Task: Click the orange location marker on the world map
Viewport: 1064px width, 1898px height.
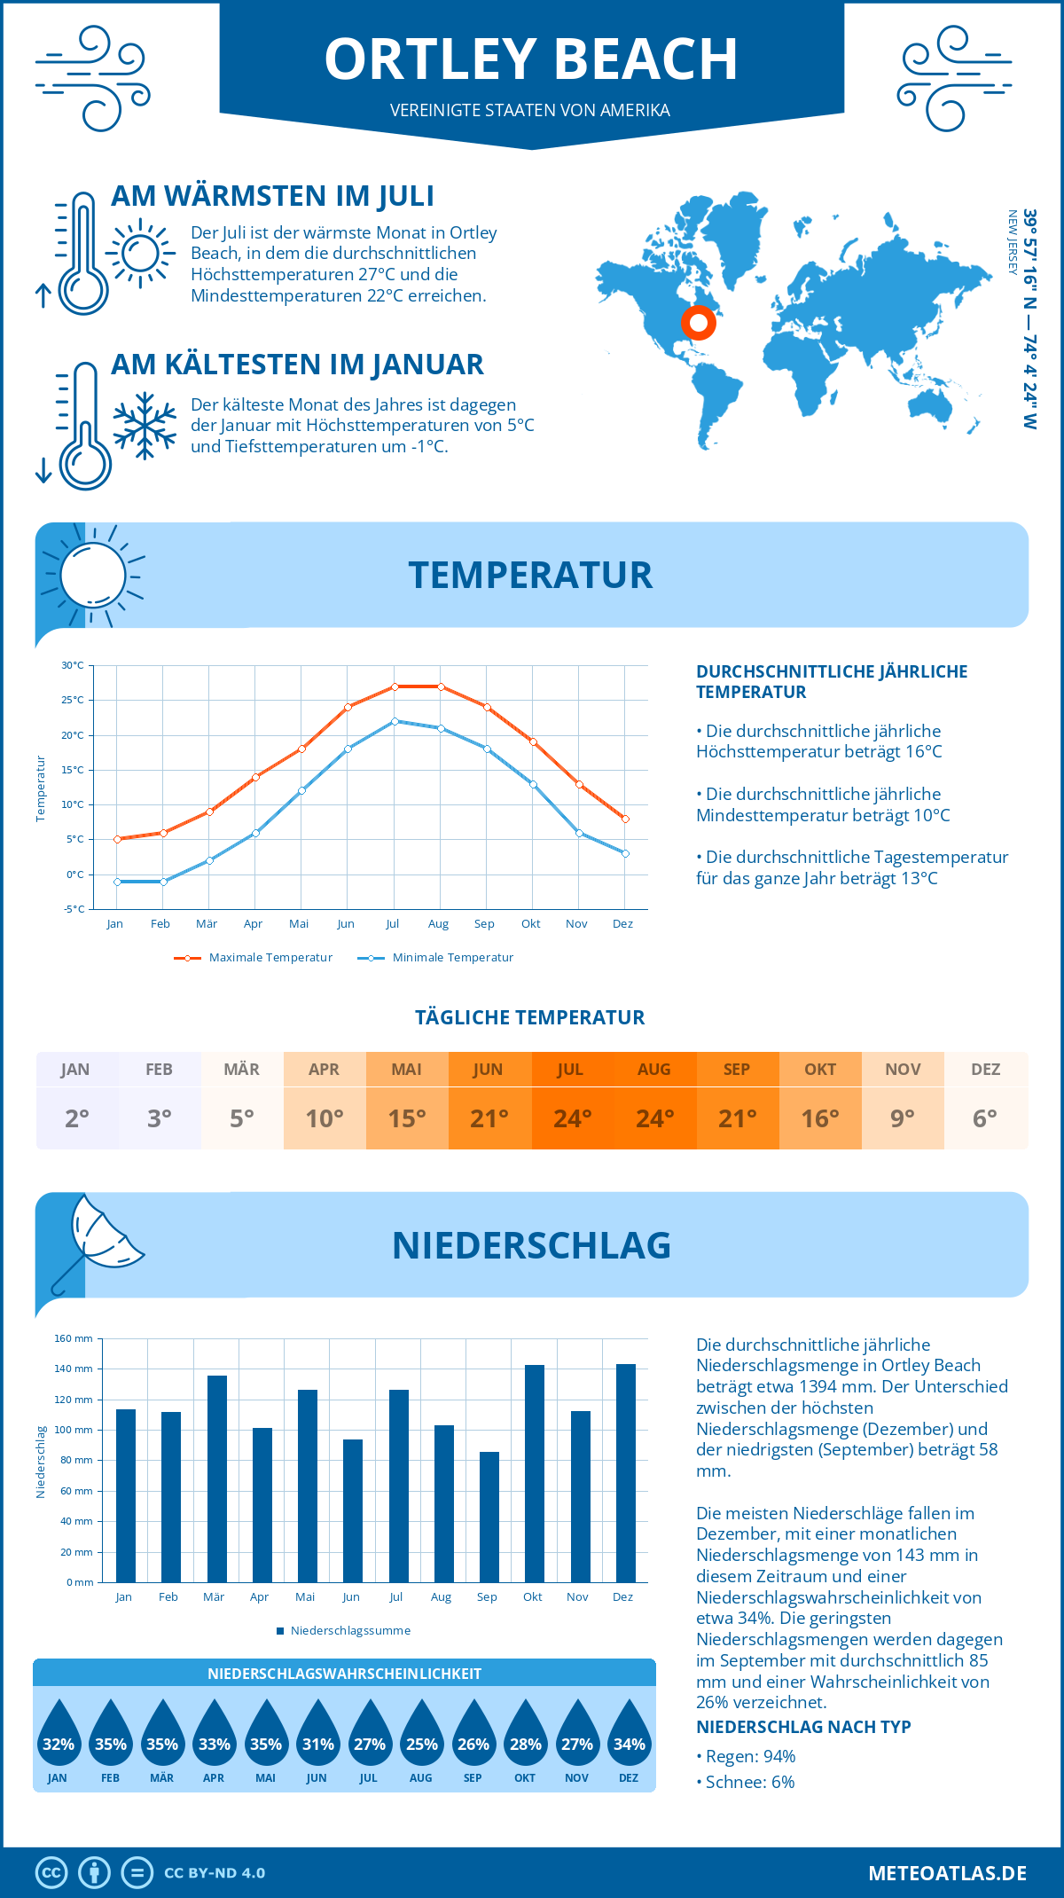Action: pos(699,323)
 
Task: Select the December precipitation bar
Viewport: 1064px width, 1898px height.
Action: pos(626,1473)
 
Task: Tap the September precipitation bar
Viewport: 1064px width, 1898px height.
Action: pos(489,1517)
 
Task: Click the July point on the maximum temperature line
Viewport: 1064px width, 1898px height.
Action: pos(395,686)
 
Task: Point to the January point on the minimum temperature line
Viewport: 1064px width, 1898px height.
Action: pos(117,882)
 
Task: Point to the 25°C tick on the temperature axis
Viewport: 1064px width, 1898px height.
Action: pos(73,700)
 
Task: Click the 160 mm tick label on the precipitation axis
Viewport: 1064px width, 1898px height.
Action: pos(74,1338)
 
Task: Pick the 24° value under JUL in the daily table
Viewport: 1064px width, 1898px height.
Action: pos(572,1118)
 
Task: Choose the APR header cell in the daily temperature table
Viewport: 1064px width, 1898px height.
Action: pos(324,1070)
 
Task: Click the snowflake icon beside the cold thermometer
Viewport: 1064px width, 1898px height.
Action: pos(145,426)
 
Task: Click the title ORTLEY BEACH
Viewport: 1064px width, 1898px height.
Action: pos(531,59)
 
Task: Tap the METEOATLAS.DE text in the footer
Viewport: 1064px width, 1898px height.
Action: pos(947,1873)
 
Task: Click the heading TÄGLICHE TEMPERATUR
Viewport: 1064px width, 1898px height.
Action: pos(530,1017)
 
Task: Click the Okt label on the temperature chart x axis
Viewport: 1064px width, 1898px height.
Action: pos(530,923)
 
